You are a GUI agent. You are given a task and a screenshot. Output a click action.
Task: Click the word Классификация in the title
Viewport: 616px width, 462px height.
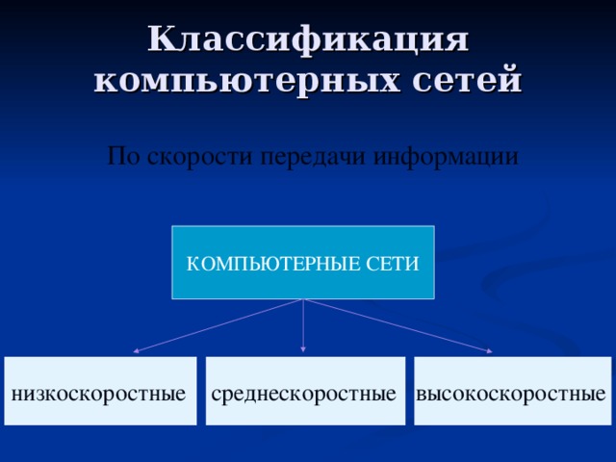308,40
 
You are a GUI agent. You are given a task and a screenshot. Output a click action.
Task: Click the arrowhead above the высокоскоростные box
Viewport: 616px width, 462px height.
489,351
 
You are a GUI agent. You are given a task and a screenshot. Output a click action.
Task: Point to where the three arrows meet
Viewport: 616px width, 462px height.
304,299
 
